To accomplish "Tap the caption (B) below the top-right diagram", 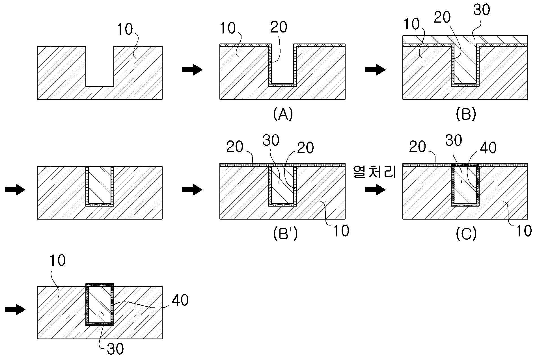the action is pyautogui.click(x=466, y=114).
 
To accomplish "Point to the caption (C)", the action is pyautogui.click(x=466, y=234).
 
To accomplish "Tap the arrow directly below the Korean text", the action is pyautogui.click(x=375, y=190).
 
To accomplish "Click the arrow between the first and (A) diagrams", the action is pyautogui.click(x=192, y=70).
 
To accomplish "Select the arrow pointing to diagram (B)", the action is pyautogui.click(x=375, y=70).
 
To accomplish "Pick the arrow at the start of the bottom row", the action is pyautogui.click(x=15, y=310).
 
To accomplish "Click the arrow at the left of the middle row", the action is pyautogui.click(x=15, y=190).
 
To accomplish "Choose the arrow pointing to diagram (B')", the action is pyautogui.click(x=192, y=190).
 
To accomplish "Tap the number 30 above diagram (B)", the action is pyautogui.click(x=482, y=10).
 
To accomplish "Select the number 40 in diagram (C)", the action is pyautogui.click(x=488, y=148).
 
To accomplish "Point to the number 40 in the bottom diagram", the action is pyautogui.click(x=180, y=300).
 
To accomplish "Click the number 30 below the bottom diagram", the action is pyautogui.click(x=115, y=349).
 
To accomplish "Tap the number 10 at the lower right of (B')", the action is pyautogui.click(x=341, y=231).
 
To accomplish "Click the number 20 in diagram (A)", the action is pyautogui.click(x=279, y=27).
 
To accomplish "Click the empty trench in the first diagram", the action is pyautogui.click(x=100, y=66).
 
